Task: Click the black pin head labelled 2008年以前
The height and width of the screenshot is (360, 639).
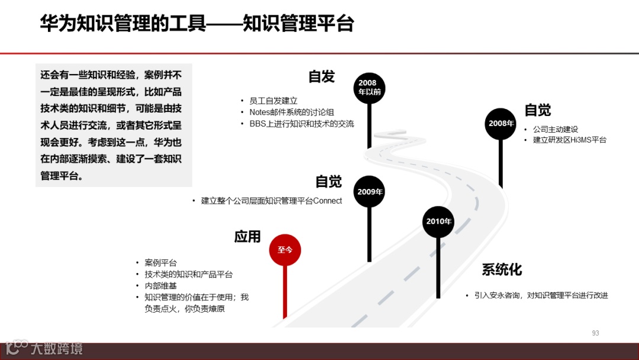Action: tap(370, 88)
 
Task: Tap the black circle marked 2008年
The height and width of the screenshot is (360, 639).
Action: tap(501, 124)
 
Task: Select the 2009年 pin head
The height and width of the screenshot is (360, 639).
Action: tap(370, 192)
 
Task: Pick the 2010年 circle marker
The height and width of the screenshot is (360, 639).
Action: tap(438, 221)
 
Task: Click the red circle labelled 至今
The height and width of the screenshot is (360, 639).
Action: tap(285, 250)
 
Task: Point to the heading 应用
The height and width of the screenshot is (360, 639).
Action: tap(247, 237)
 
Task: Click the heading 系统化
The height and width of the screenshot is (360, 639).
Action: tap(502, 270)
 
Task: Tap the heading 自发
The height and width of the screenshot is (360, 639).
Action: tap(321, 76)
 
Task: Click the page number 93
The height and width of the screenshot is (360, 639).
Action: tap(595, 333)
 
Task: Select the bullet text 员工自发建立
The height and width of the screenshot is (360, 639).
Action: tap(273, 101)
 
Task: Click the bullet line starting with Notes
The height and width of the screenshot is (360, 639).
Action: tap(291, 112)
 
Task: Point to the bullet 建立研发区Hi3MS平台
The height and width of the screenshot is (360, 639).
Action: tap(569, 140)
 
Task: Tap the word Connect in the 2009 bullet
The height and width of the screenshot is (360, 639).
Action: tap(327, 201)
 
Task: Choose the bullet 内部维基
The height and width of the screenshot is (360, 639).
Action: tap(160, 285)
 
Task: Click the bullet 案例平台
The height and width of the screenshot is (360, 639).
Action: tap(160, 262)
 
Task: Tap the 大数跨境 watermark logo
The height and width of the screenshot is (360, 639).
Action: tap(44, 348)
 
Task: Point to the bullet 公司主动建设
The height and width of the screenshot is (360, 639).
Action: tap(555, 129)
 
